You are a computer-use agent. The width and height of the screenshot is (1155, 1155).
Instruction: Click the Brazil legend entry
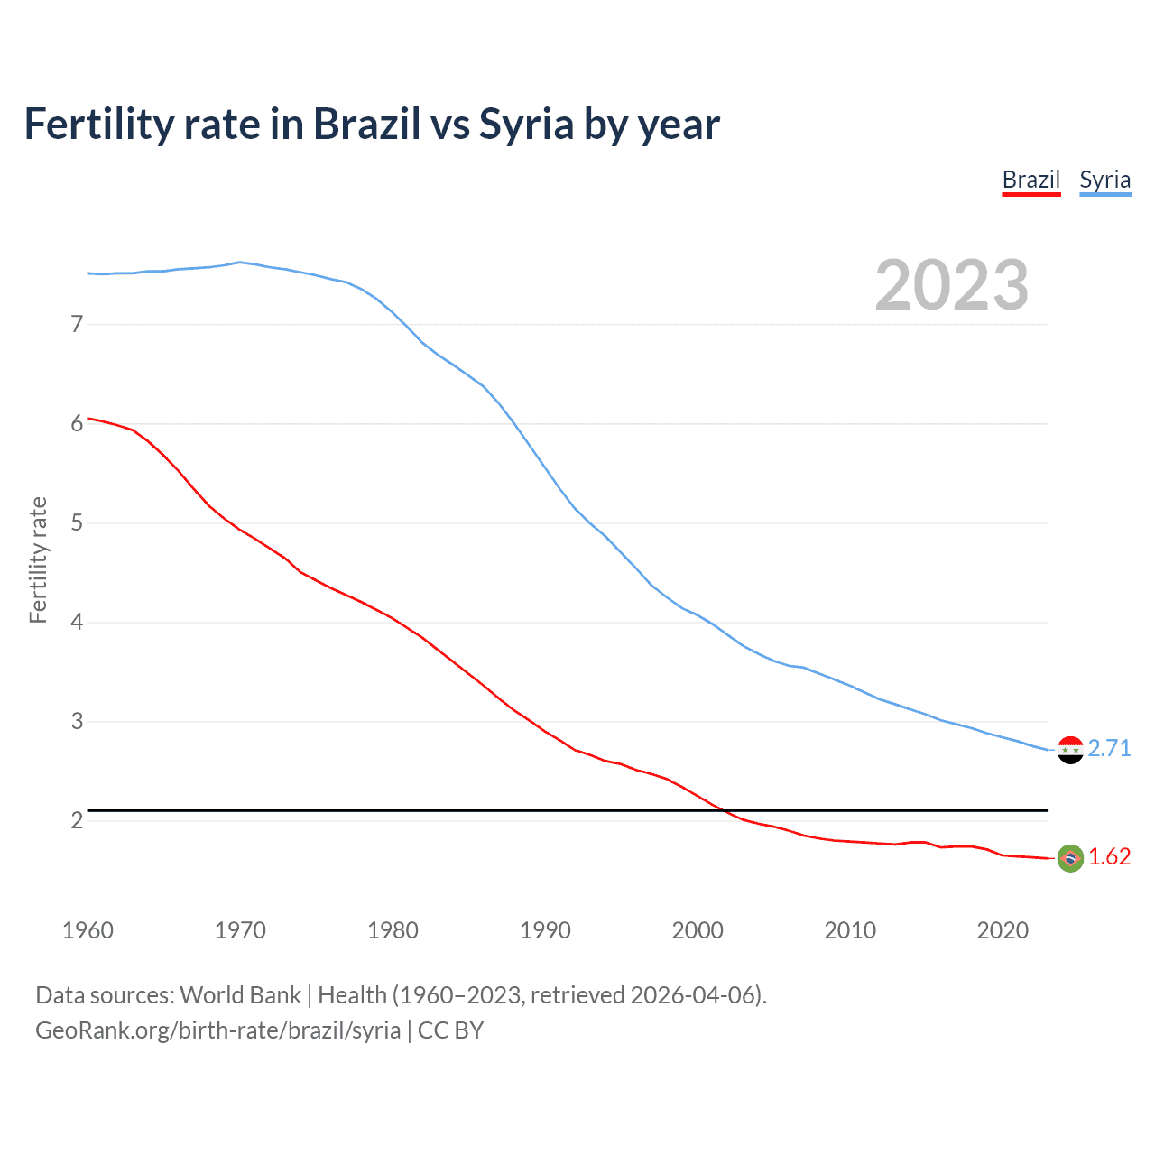coord(1030,180)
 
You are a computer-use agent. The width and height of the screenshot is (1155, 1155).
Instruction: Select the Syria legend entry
coord(1104,180)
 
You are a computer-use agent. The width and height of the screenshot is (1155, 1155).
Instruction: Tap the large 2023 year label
coord(951,285)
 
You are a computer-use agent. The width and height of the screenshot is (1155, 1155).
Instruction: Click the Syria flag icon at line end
coord(1070,749)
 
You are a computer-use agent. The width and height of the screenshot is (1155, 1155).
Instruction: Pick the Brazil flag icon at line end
coord(1070,858)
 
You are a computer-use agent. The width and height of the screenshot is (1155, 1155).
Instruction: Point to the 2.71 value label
coord(1109,749)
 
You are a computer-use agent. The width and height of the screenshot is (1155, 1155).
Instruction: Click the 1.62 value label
coord(1109,857)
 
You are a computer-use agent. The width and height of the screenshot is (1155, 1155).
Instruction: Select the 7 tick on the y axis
coord(77,324)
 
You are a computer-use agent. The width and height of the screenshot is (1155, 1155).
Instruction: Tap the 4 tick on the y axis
coord(77,622)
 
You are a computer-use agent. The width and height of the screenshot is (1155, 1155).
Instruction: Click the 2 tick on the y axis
coord(77,820)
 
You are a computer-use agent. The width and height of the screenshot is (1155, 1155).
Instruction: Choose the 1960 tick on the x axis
coord(88,930)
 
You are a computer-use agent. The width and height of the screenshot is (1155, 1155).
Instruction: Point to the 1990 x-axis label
coord(545,930)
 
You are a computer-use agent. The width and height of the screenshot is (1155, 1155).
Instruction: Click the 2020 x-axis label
coord(1003,930)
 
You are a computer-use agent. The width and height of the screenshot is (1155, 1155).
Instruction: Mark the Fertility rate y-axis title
coord(38,559)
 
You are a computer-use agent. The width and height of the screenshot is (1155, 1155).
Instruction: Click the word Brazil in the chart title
coord(366,125)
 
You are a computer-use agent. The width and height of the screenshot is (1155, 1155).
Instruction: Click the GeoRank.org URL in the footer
coord(217,1030)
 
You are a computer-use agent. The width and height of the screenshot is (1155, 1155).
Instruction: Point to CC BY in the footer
coord(450,1030)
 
